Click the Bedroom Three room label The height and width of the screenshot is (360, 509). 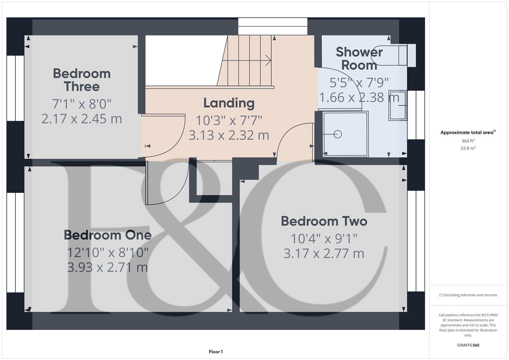[x=82, y=80]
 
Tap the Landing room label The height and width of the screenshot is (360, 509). [x=229, y=103]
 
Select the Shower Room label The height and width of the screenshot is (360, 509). [x=359, y=59]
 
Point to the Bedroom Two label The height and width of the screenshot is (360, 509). [x=324, y=221]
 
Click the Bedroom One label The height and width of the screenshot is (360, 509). [x=108, y=235]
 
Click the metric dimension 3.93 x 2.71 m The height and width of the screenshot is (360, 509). [x=107, y=267]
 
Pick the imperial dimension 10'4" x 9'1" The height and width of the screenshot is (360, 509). [x=324, y=239]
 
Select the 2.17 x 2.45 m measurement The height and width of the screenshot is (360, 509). [x=82, y=119]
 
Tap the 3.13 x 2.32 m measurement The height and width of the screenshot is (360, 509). [x=229, y=135]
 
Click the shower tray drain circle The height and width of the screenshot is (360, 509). [x=338, y=134]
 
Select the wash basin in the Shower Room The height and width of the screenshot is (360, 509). [x=398, y=106]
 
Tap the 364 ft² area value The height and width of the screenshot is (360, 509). [x=468, y=141]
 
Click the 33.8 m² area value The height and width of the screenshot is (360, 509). [x=468, y=148]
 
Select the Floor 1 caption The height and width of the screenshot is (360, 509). [x=216, y=352]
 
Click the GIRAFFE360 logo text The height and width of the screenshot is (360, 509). [x=468, y=345]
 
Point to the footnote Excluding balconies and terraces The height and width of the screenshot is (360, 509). [x=468, y=295]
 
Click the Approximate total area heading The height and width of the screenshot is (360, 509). [x=467, y=133]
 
